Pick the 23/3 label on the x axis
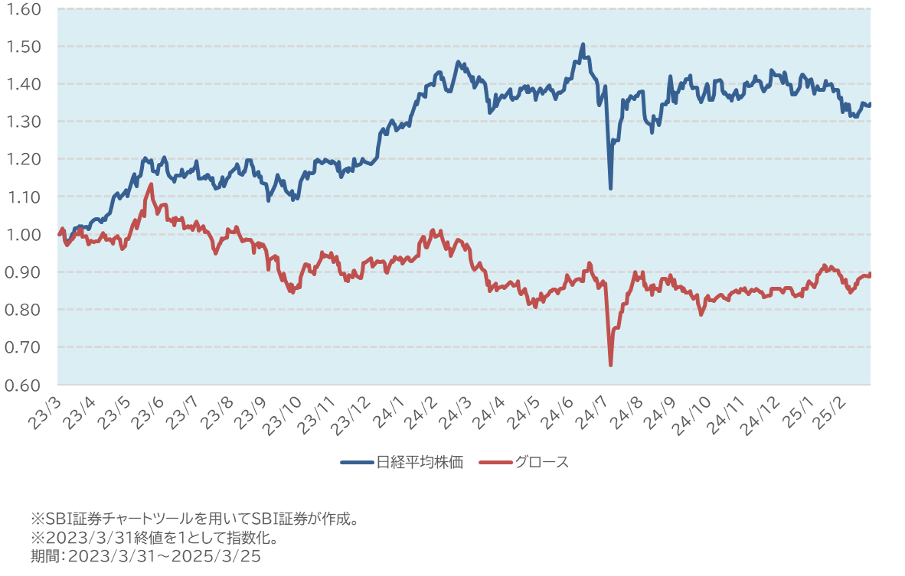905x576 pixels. coord(45,412)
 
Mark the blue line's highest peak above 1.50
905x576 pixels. coord(583,44)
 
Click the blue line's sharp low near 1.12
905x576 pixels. coord(610,188)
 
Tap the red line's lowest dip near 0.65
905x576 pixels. coord(610,365)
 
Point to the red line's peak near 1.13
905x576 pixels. coord(151,184)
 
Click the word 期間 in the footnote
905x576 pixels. coord(44,556)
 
